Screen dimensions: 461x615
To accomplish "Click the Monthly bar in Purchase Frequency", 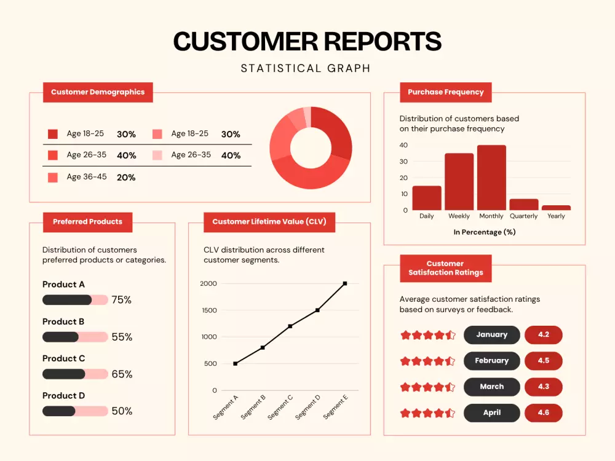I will (491, 178).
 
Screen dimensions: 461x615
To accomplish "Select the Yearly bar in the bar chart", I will (556, 208).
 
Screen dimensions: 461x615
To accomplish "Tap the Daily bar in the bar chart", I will (427, 198).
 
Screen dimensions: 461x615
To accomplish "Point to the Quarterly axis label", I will (523, 216).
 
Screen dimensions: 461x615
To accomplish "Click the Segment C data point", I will (290, 326).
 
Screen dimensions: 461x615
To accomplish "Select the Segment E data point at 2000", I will (345, 283).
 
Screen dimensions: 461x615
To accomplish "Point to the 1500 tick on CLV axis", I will (208, 310).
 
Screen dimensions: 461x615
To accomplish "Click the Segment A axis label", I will (226, 408).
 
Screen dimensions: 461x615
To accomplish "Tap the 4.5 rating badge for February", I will (544, 361).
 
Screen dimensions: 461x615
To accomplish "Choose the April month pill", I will (491, 413).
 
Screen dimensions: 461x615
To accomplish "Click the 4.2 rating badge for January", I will (544, 335).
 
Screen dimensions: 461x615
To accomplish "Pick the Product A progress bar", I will (75, 300).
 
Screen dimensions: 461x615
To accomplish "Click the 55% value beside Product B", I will (122, 337).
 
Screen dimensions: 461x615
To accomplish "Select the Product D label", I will (63, 396).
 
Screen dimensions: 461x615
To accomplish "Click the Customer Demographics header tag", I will (98, 92).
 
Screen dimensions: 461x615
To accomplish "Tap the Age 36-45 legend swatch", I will (53, 178).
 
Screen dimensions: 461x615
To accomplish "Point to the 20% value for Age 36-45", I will (126, 178).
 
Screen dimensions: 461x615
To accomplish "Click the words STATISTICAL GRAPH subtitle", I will (306, 68).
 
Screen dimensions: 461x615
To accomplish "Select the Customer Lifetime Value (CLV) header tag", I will (269, 222).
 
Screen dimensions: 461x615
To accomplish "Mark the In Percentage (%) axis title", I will (485, 232).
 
